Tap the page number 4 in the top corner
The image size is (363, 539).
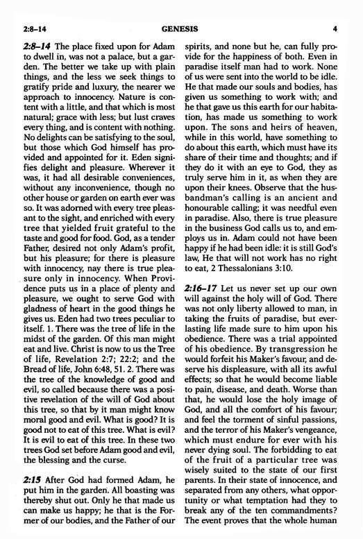334,10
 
